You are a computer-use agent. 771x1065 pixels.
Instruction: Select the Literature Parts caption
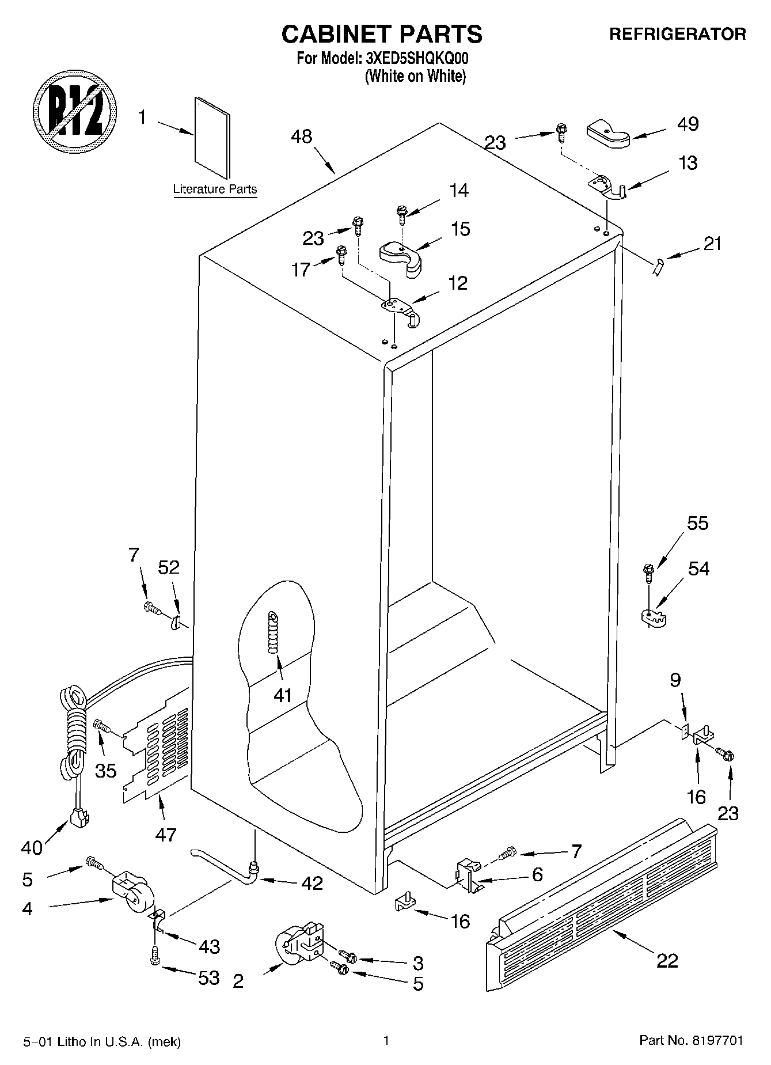(215, 189)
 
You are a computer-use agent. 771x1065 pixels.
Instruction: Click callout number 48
(301, 137)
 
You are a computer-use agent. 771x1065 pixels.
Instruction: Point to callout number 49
(688, 124)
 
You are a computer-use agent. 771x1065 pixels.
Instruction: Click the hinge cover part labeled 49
(608, 135)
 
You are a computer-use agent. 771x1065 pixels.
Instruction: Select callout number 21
(712, 244)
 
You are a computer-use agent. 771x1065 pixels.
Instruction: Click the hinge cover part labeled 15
(401, 257)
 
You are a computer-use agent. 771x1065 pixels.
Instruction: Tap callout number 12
(458, 283)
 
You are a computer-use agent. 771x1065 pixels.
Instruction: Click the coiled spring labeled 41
(272, 631)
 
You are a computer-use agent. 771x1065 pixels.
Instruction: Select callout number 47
(166, 834)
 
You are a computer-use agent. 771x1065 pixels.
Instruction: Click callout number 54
(698, 568)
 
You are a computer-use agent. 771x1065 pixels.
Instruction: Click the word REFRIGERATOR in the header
(677, 35)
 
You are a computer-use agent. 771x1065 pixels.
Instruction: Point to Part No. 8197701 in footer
(691, 1040)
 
